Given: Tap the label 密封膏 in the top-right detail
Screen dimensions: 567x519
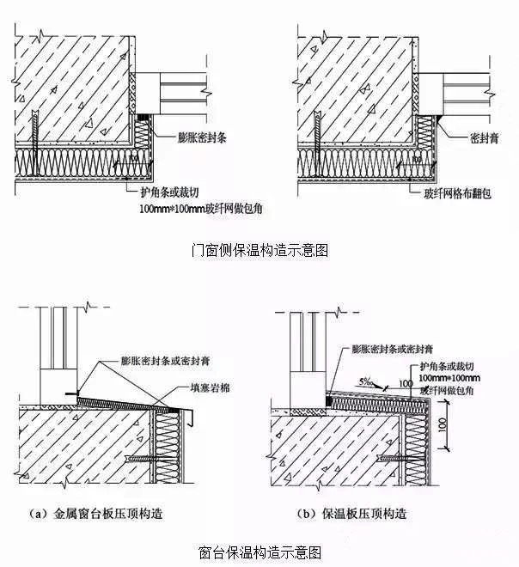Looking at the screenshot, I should click(486, 137).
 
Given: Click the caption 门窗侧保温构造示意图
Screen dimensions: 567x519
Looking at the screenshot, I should click(259, 251).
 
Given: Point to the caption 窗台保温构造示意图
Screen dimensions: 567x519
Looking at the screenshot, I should click(259, 551).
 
